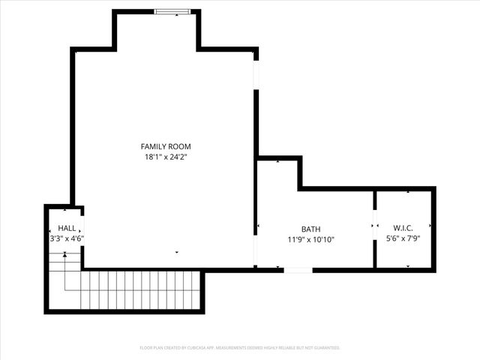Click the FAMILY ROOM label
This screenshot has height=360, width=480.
tap(166, 146)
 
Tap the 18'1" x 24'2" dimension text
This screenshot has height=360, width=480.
tap(166, 157)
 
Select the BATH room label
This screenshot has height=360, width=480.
tap(310, 229)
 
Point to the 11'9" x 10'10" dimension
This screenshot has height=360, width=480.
tap(310, 240)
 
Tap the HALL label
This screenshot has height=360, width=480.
tap(66, 228)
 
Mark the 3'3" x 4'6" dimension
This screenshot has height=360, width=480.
tap(66, 238)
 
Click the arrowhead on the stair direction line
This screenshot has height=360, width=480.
tap(65, 255)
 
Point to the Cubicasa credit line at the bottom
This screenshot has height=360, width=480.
tap(240, 348)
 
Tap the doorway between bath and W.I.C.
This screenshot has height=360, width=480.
tap(374, 224)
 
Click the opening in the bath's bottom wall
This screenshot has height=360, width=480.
tap(298, 269)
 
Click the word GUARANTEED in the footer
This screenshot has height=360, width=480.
tap(327, 348)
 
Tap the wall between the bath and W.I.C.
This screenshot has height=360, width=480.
tap(374, 251)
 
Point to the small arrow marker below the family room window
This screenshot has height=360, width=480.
tap(177, 16)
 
